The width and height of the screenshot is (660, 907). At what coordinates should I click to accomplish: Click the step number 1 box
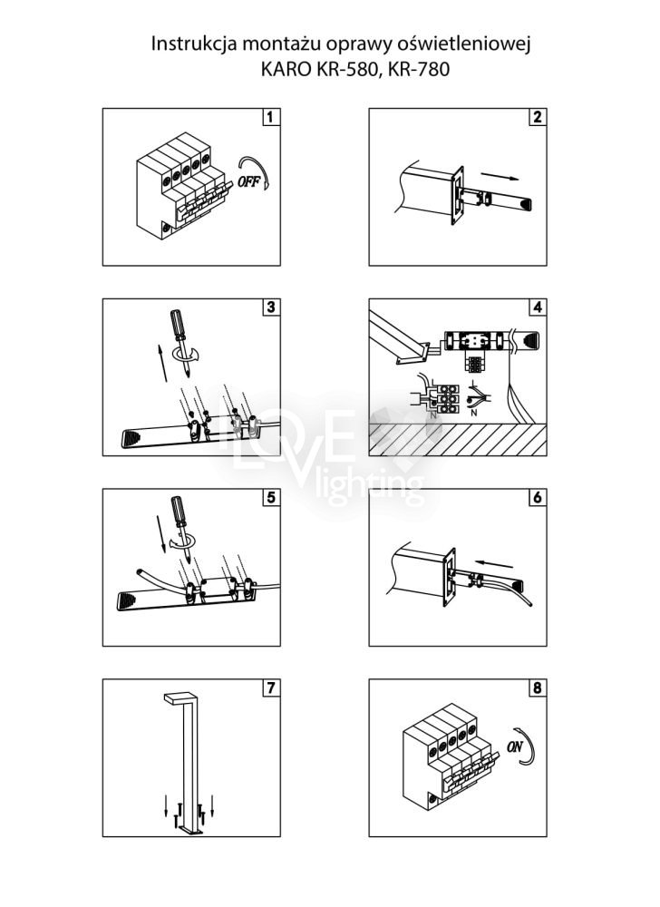[x=270, y=117]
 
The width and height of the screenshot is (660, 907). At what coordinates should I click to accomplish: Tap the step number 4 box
[x=537, y=307]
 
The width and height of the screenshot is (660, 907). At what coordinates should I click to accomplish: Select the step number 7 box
[x=270, y=688]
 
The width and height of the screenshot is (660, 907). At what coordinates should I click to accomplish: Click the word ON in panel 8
[x=514, y=746]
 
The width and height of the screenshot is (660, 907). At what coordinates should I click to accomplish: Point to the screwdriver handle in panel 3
[x=178, y=326]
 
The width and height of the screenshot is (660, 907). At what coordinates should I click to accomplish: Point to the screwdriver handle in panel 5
[x=178, y=512]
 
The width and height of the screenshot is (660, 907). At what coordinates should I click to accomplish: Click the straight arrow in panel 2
[x=500, y=176]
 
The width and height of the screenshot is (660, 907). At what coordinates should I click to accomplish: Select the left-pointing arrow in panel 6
[x=493, y=563]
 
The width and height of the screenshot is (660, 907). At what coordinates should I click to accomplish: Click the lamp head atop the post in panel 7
[x=180, y=698]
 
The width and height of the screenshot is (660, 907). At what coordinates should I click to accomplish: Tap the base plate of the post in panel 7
[x=189, y=831]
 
